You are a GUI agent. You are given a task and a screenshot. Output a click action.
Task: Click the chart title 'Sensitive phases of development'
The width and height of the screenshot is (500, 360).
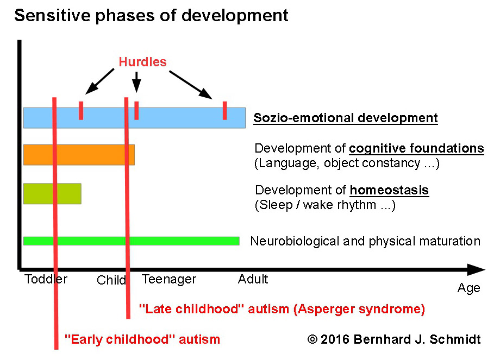click(x=151, y=16)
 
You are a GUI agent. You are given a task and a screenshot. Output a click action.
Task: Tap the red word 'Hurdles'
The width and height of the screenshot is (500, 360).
click(x=142, y=62)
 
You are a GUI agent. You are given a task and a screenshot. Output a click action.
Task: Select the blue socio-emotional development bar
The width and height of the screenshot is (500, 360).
click(x=134, y=118)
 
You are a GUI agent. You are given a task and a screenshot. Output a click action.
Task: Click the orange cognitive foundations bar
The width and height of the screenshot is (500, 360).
click(x=79, y=155)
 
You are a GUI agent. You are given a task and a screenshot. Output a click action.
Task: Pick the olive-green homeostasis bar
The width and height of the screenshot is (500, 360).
click(x=52, y=194)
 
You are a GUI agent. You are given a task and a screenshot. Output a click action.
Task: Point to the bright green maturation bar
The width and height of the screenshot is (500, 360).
click(x=132, y=241)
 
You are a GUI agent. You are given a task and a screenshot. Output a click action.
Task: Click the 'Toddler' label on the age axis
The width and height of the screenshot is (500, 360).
click(x=46, y=279)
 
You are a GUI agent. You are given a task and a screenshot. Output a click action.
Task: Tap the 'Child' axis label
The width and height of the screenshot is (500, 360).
click(x=111, y=280)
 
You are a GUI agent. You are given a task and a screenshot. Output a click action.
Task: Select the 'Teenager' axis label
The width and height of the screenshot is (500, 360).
click(x=169, y=280)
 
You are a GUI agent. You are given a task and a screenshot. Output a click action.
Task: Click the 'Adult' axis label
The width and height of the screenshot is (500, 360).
click(x=253, y=279)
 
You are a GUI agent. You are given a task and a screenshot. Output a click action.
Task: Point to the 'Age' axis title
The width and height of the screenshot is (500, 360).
click(x=468, y=288)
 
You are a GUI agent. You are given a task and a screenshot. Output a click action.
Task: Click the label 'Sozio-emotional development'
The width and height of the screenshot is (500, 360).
click(x=346, y=118)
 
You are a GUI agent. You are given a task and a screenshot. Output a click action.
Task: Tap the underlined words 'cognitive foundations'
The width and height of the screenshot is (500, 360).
click(x=416, y=148)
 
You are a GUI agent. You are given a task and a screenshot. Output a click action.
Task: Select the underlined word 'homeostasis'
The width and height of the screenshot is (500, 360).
click(x=389, y=190)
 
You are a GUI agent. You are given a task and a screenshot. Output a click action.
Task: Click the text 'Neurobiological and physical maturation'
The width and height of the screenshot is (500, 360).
click(x=365, y=241)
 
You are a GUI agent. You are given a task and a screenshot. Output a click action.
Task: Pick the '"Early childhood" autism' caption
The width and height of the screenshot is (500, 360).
click(x=142, y=339)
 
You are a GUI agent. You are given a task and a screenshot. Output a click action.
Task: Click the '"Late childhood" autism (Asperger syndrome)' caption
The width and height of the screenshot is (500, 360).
click(x=282, y=309)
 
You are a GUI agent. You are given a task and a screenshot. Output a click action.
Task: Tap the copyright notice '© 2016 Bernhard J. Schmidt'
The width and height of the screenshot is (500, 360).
click(x=394, y=339)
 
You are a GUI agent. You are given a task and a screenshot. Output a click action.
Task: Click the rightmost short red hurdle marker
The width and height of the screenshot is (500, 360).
click(x=225, y=111)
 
